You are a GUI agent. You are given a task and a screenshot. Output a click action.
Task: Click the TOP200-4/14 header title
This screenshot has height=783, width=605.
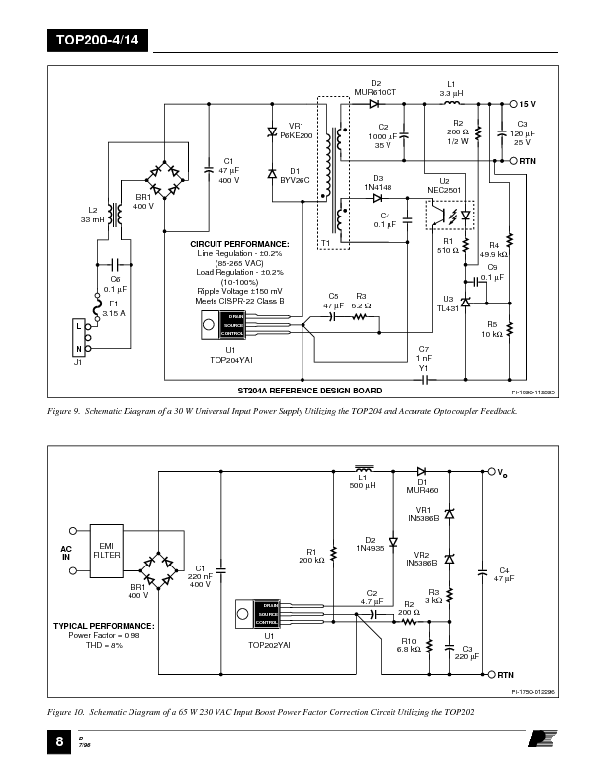pyautogui.click(x=90, y=42)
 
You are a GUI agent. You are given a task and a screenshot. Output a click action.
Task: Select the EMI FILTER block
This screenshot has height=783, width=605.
pyautogui.click(x=107, y=550)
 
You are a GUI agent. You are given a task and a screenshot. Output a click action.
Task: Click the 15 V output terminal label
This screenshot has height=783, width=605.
pyautogui.click(x=528, y=103)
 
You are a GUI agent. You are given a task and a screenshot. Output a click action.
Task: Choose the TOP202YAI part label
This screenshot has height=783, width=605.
pyautogui.click(x=269, y=644)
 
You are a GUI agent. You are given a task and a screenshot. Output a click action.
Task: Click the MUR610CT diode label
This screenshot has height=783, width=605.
pyautogui.click(x=375, y=91)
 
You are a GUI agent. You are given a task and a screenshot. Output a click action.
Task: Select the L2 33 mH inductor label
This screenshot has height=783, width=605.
pyautogui.click(x=93, y=215)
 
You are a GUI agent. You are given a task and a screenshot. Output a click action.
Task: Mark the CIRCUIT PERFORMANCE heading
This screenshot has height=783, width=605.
pyautogui.click(x=239, y=243)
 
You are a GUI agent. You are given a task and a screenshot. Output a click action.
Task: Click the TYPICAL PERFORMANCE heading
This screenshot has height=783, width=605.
pyautogui.click(x=104, y=626)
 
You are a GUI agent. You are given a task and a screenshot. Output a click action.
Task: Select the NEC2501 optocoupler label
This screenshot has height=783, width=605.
pyautogui.click(x=444, y=189)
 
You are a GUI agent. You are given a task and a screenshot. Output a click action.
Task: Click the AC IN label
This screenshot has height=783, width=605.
pyautogui.click(x=67, y=551)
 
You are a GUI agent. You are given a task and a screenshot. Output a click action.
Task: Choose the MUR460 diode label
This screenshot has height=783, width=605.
pyautogui.click(x=422, y=489)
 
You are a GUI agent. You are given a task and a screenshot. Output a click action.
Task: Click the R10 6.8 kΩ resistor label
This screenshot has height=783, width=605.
pyautogui.click(x=409, y=645)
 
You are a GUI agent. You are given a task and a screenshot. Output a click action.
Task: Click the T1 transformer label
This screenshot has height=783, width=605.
pyautogui.click(x=326, y=243)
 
